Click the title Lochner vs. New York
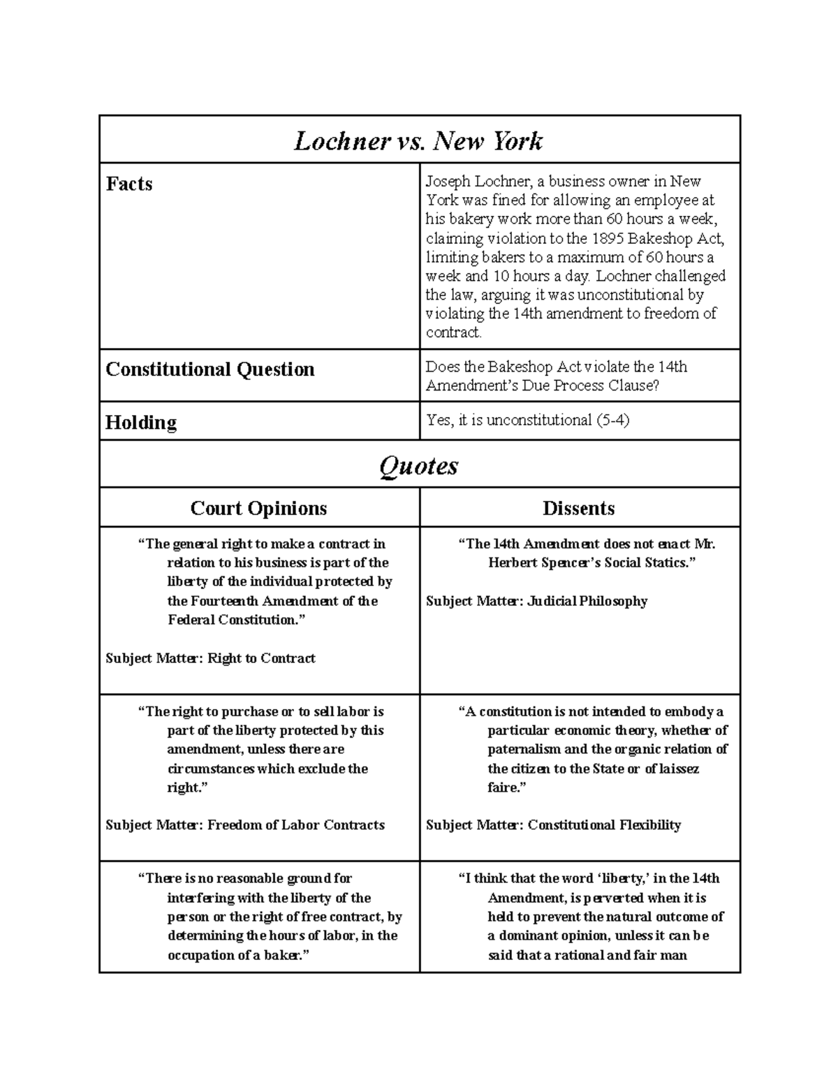tap(418, 141)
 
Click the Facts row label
tap(129, 184)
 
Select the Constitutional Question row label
tap(210, 369)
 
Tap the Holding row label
tap(141, 422)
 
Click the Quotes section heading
tap(418, 465)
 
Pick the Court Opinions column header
tap(258, 508)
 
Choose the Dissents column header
tap(579, 508)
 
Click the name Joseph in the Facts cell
tap(448, 182)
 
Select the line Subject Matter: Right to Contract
tap(210, 658)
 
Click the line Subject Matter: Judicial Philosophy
tap(536, 601)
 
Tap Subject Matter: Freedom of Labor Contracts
tap(245, 825)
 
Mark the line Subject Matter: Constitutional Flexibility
tap(553, 825)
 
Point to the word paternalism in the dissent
tap(524, 749)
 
